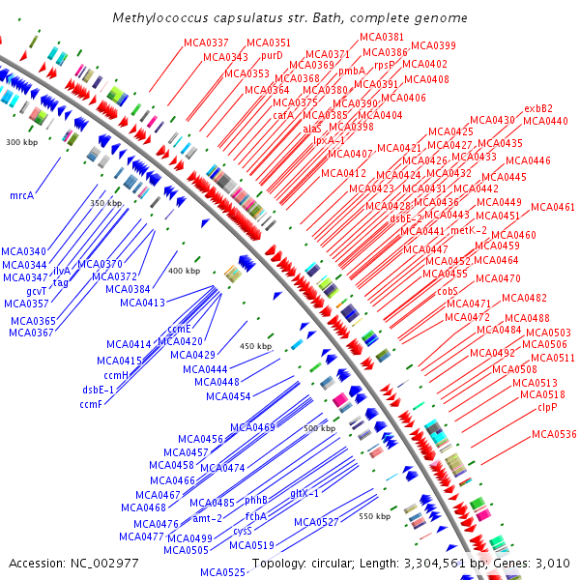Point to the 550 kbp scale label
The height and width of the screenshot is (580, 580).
pos(374,517)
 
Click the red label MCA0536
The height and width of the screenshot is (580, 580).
pos(553,434)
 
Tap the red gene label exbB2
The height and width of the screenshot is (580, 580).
pos(538,108)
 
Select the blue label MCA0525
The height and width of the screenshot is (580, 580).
pos(223,572)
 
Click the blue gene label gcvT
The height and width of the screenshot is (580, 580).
pos(37,291)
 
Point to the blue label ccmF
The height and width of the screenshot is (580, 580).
pos(91,403)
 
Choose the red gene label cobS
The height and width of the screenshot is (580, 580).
pos(447,290)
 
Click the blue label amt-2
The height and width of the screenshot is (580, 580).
pos(208,517)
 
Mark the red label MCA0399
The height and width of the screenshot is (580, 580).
pos(433,45)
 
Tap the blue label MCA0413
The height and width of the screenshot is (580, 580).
pos(142,303)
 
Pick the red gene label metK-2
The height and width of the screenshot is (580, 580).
pos(469,230)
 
